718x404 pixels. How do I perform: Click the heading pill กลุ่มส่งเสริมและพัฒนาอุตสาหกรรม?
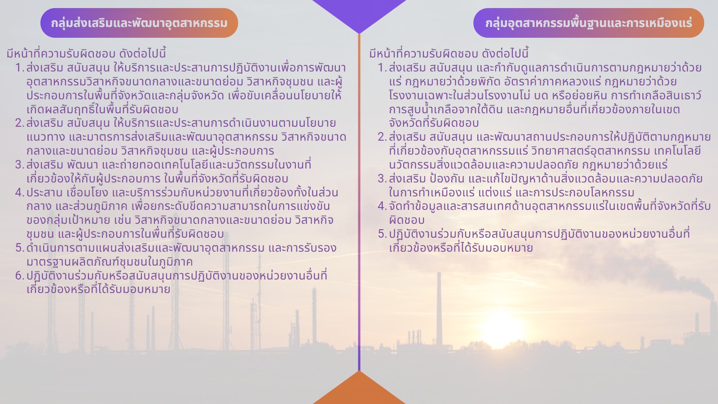pyautogui.click(x=139, y=23)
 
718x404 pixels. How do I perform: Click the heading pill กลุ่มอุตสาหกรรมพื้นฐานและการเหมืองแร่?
pyautogui.click(x=589, y=23)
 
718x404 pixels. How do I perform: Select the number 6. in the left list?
pyautogui.click(x=20, y=275)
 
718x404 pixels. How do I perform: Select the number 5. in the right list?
pyautogui.click(x=382, y=234)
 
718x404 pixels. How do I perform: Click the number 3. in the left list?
pyautogui.click(x=20, y=164)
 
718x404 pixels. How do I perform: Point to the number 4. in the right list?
pyautogui.click(x=382, y=206)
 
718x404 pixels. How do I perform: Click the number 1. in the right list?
pyautogui.click(x=382, y=68)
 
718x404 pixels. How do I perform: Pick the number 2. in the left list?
pyautogui.click(x=20, y=123)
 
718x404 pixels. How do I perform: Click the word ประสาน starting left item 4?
pyautogui.click(x=44, y=192)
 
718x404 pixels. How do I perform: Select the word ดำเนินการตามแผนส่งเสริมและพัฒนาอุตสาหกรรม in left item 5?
pyautogui.click(x=145, y=248)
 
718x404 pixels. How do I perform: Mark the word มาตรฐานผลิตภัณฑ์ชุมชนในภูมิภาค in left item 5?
pyautogui.click(x=110, y=262)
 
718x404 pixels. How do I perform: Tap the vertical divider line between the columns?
pyautogui.click(x=359, y=202)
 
